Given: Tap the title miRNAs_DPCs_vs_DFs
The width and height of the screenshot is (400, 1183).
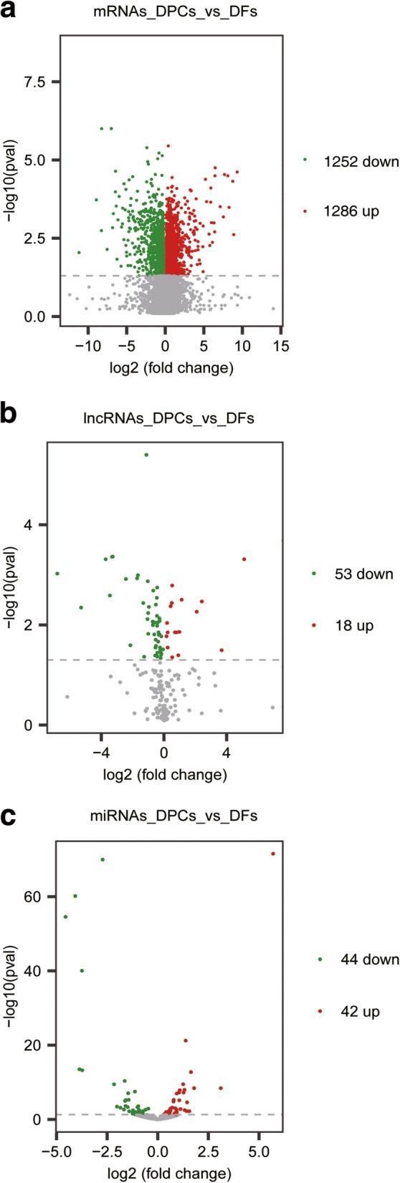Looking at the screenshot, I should (168, 816).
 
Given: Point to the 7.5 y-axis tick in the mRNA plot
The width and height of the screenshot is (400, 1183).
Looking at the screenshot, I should (34, 82).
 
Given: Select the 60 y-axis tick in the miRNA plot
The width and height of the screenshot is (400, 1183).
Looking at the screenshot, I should (32, 897).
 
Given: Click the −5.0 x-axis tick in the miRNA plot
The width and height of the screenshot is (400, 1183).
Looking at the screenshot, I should (55, 1153).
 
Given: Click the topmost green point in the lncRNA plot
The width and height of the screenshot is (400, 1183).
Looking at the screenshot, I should (146, 455).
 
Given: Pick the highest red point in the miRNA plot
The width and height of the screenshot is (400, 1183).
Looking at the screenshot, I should (273, 854).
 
